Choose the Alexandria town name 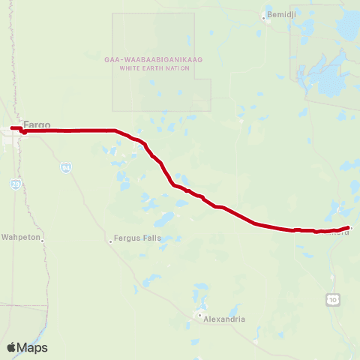pos(225,319)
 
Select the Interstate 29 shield pos(16,182)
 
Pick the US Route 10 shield pos(331,300)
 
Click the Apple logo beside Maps pos(11,347)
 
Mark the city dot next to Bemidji pos(263,15)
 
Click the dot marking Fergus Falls pos(109,241)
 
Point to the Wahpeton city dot pos(44,238)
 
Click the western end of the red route pos(12,128)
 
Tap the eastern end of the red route pos(349,226)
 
